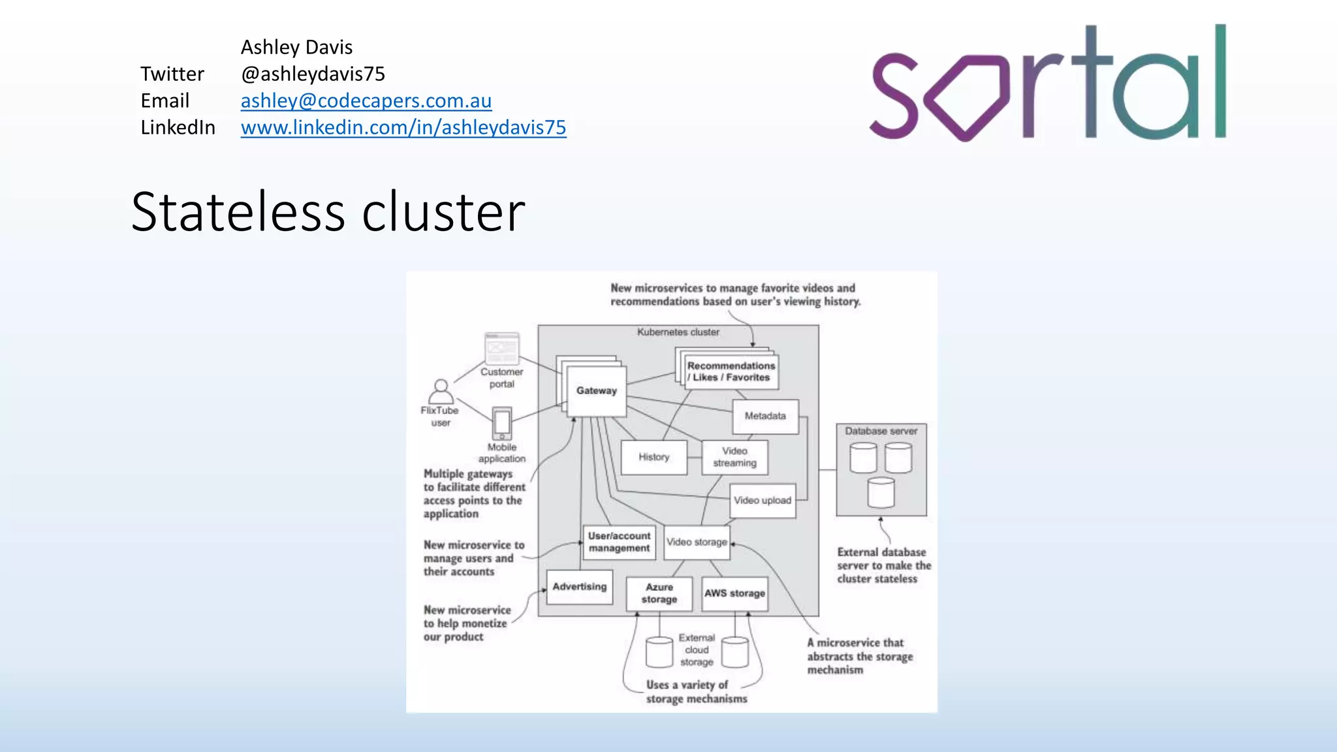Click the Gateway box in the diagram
pyautogui.click(x=596, y=390)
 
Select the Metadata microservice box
pyautogui.click(x=765, y=416)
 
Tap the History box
pyautogui.click(x=653, y=457)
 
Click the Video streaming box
pyautogui.click(x=734, y=457)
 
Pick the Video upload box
pyautogui.click(x=762, y=501)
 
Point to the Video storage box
pyautogui.click(x=697, y=542)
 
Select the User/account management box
pyautogui.click(x=618, y=542)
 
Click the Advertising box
pyautogui.click(x=579, y=586)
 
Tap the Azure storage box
pyautogui.click(x=659, y=593)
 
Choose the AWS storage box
pyautogui.click(x=734, y=593)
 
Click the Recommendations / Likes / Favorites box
pyautogui.click(x=731, y=371)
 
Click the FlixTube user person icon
pyautogui.click(x=441, y=392)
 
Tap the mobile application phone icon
pyautogui.click(x=501, y=424)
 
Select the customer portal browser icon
pyautogui.click(x=501, y=349)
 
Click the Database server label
pyautogui.click(x=881, y=431)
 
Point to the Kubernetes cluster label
pyautogui.click(x=678, y=332)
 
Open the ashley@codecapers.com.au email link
pyautogui.click(x=366, y=101)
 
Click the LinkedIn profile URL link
pyautogui.click(x=403, y=127)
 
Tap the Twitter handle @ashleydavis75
pyautogui.click(x=313, y=74)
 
